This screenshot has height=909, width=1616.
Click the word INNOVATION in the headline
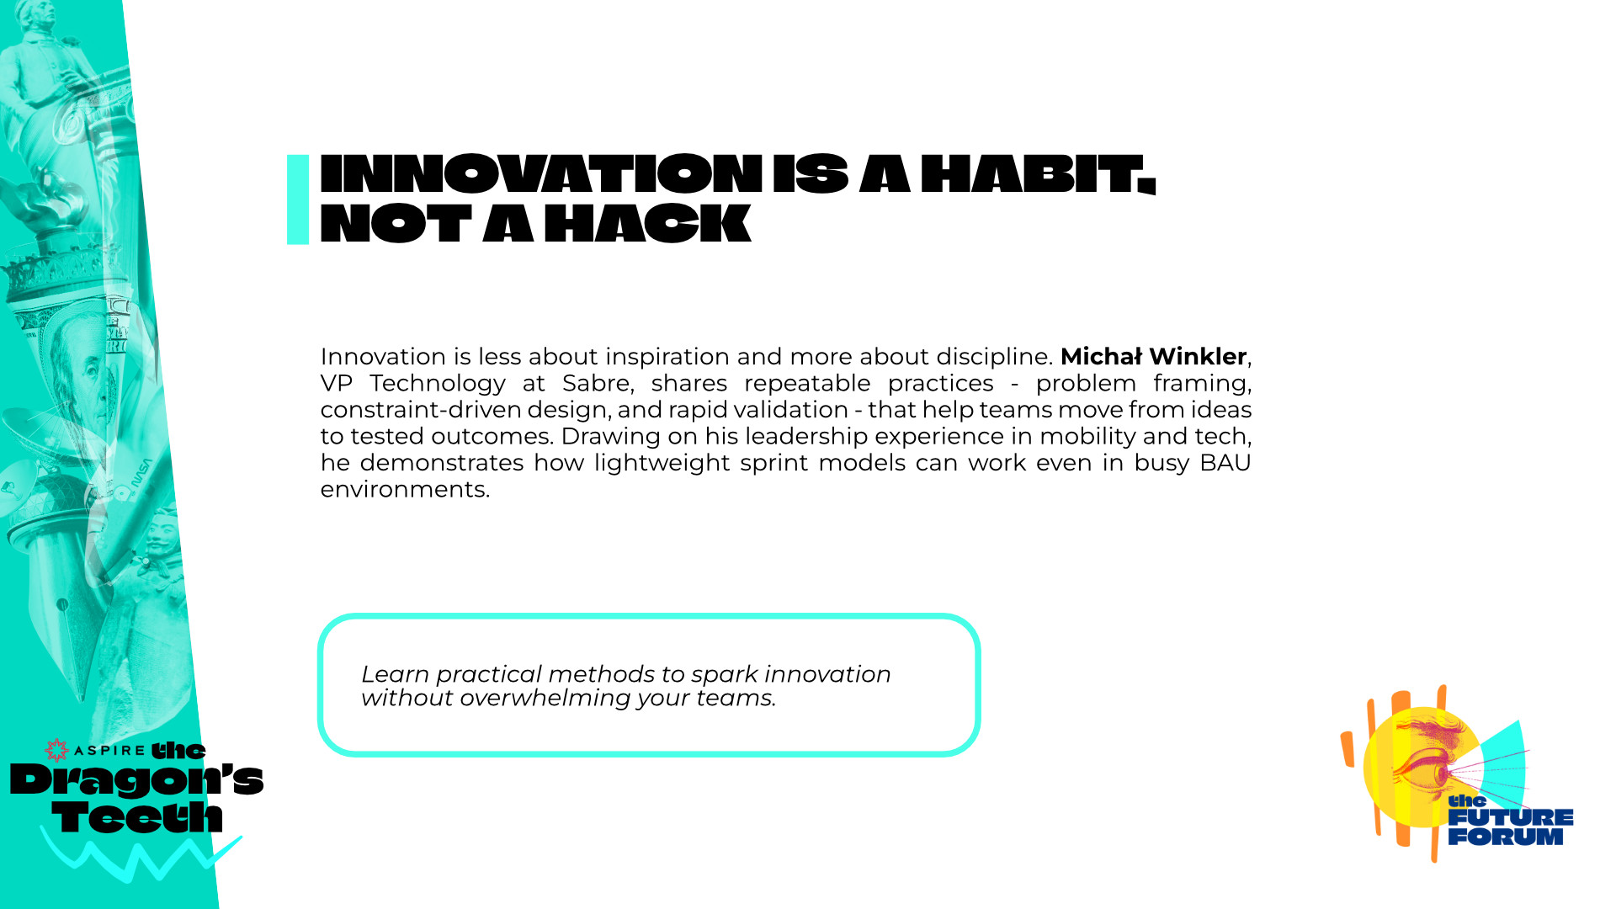point(541,174)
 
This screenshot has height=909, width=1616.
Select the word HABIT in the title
point(1039,174)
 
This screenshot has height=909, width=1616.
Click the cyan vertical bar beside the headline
point(298,199)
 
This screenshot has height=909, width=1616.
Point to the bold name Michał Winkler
point(1153,357)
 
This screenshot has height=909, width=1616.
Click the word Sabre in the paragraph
point(597,384)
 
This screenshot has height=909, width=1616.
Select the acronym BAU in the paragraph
point(1225,463)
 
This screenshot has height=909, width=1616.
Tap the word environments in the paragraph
point(405,490)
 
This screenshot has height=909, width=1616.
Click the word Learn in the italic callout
point(395,674)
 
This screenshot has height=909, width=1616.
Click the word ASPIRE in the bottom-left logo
point(109,751)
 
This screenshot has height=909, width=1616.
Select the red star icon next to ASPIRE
point(56,750)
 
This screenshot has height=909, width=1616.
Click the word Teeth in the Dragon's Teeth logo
point(137,816)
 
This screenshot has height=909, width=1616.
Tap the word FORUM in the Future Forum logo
point(1506,837)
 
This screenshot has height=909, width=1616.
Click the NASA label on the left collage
point(142,476)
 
